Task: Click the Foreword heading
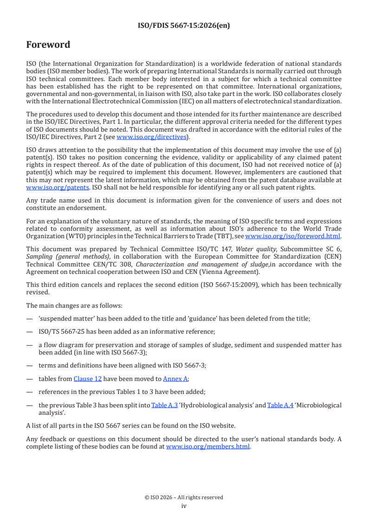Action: coord(48,44)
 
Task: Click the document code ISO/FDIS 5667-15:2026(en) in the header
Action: coord(184,25)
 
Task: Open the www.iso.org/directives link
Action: coord(151,137)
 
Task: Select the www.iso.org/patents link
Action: coord(46,187)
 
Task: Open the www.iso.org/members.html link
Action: coord(208,447)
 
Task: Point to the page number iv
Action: coord(184,506)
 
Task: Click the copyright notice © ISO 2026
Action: coord(184,497)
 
